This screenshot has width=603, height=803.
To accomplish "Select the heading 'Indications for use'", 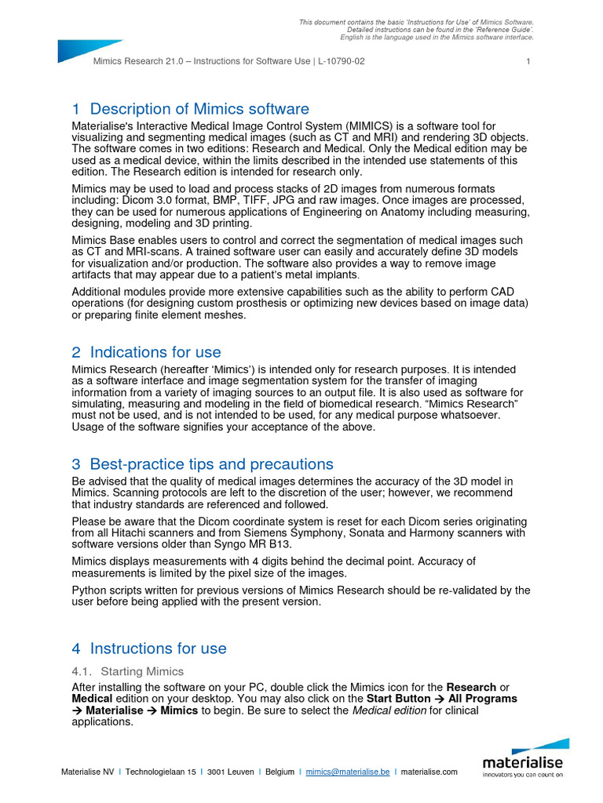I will (x=155, y=352).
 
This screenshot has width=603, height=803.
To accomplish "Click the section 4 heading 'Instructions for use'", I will (x=158, y=649).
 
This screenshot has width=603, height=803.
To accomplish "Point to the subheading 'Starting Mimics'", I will (x=142, y=671).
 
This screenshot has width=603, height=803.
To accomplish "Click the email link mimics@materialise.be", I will (x=348, y=772).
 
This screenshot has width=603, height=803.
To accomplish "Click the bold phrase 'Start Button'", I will (x=399, y=698).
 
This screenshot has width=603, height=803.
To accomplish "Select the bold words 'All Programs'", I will (x=483, y=698).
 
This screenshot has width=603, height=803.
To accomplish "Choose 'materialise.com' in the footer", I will (x=429, y=772).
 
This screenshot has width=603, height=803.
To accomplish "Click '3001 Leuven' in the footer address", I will (x=230, y=772).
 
